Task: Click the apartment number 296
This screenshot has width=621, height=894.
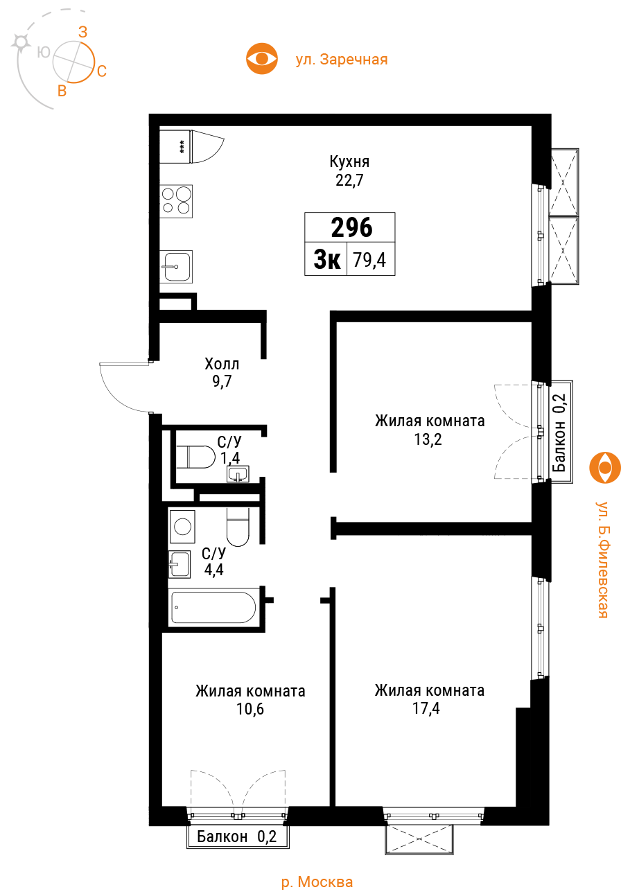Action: pos(351,227)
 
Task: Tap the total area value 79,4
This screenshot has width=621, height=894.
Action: pos(369,260)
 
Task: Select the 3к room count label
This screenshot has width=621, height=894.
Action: pos(327,259)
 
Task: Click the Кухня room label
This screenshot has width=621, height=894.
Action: pos(349,161)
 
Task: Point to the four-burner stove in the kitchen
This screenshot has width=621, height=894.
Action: pos(176,201)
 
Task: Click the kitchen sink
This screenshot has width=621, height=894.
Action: pos(176,267)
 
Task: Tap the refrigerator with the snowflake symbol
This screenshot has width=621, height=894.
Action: pos(175,146)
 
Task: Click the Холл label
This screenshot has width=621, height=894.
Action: pos(222,364)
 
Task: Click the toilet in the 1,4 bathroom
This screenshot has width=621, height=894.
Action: pos(195,457)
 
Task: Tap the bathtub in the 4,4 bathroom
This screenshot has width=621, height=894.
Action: pos(213,608)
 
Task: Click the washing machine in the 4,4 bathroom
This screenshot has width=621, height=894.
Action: pos(182,527)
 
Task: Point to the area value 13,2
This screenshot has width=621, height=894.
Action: pos(428,439)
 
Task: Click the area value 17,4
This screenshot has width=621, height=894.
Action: pos(426,708)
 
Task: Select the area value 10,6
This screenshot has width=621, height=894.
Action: pos(250,709)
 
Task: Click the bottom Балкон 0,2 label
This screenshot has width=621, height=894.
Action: pos(236,836)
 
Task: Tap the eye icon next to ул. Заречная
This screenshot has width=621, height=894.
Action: pos(261,59)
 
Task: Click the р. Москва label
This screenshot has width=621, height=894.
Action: pos(317,882)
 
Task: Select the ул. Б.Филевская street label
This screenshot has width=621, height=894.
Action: pos(602,559)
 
